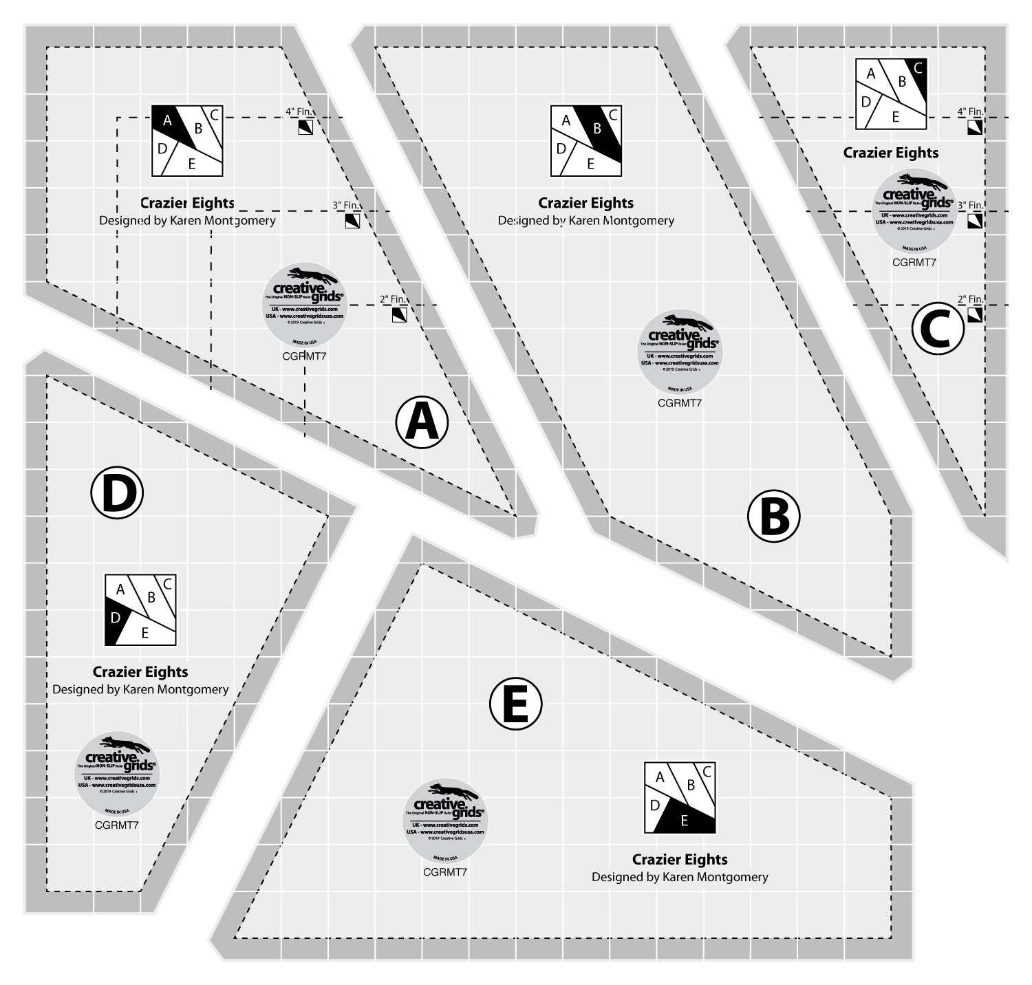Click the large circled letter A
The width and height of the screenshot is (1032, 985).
[422, 422]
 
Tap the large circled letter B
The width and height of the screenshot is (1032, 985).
[774, 516]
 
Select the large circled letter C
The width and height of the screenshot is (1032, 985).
[938, 329]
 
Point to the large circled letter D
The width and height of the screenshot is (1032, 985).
[117, 492]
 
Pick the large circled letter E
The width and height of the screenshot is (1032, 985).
[515, 704]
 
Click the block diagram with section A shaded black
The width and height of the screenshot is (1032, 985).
[188, 140]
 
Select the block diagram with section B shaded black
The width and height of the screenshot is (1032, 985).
[586, 140]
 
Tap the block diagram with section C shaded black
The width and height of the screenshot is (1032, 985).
[891, 94]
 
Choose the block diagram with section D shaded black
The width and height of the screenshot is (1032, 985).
[140, 610]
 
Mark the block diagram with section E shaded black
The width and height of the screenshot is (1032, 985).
[680, 797]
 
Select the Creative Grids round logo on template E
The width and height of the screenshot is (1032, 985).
[445, 820]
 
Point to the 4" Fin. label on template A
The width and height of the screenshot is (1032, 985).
[299, 111]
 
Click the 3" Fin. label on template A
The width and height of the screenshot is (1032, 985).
[346, 205]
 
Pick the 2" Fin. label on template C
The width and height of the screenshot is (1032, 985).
[970, 299]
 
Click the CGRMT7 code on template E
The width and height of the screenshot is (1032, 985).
[445, 872]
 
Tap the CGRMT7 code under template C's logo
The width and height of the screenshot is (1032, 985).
[914, 262]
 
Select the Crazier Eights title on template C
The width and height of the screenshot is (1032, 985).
[891, 153]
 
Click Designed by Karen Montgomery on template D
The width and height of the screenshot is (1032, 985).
[140, 689]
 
